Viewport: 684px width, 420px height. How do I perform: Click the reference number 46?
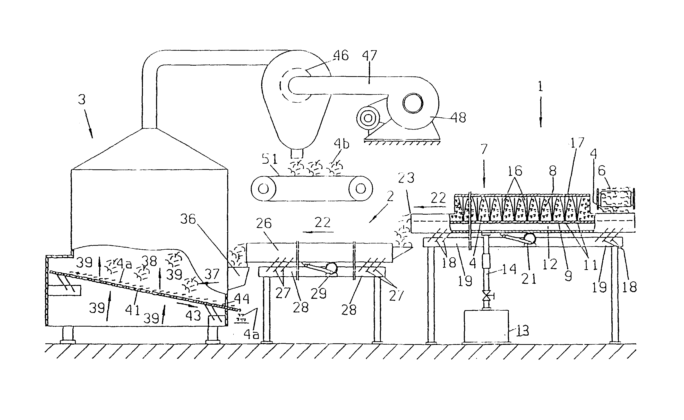341,56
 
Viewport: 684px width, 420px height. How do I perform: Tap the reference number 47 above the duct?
369,56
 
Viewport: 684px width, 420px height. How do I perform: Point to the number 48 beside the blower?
458,118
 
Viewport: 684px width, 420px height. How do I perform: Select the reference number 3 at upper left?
81,99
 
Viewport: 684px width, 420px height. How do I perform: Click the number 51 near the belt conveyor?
270,159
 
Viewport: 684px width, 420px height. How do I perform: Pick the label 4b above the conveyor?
341,144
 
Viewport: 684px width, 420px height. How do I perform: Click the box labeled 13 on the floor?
486,326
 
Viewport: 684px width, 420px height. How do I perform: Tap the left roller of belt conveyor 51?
263,189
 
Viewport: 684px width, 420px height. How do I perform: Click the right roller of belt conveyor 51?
361,189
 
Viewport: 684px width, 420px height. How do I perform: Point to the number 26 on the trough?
263,223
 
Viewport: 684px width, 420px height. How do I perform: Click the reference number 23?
406,178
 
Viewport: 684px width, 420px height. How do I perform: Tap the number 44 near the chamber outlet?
242,299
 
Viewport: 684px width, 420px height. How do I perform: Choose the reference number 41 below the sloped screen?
132,309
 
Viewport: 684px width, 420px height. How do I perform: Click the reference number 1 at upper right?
540,87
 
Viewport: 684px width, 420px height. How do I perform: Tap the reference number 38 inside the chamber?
149,261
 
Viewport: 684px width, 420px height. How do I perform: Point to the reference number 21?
528,279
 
